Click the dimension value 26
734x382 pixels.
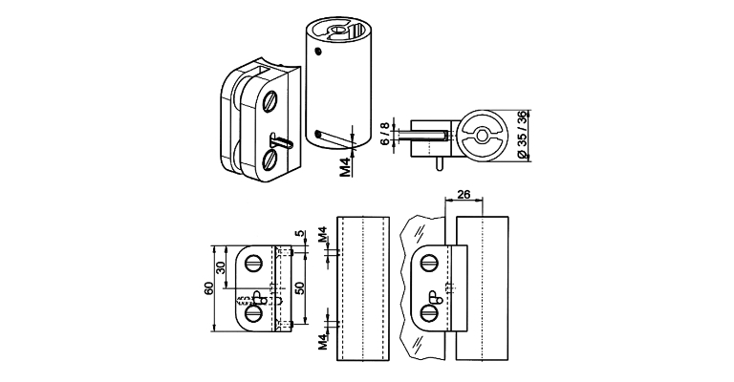click(x=464, y=195)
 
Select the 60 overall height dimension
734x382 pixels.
click(x=209, y=288)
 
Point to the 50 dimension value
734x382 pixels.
click(x=299, y=288)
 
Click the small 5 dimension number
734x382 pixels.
click(x=299, y=233)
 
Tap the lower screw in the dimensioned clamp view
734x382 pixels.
click(x=254, y=311)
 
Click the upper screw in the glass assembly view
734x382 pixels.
click(x=431, y=261)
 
